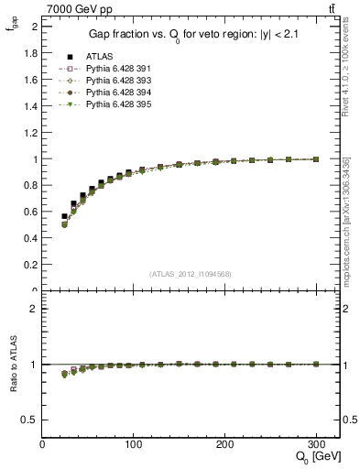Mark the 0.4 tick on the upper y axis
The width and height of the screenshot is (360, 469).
(x=31, y=238)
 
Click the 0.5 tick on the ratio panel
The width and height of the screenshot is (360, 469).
(x=31, y=420)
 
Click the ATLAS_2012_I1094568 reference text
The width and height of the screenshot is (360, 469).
(x=191, y=273)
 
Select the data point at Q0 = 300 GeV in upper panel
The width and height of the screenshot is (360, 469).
(x=316, y=159)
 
